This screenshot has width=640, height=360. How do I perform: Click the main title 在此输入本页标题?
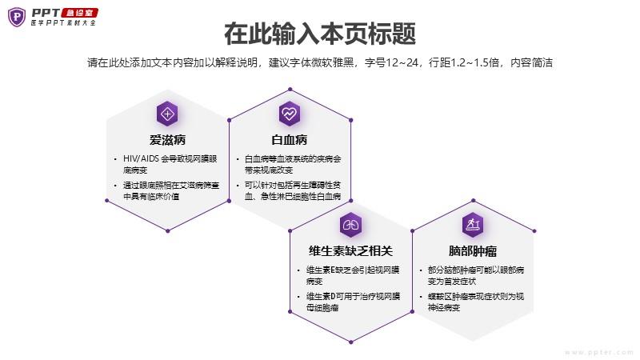320,34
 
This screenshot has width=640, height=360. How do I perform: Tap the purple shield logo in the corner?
17,17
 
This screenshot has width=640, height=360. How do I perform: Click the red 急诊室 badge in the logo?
79,13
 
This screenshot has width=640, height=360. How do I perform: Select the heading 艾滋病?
167,140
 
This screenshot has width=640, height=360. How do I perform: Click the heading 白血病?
290,140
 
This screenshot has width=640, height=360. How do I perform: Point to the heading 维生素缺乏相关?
350,250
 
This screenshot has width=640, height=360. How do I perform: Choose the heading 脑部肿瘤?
473,250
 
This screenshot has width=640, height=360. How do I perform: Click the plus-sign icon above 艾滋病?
167,114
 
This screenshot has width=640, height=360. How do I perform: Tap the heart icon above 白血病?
290,114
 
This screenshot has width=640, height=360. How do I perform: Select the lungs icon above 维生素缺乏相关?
350,225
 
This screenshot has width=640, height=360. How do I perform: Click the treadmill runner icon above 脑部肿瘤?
473,225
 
